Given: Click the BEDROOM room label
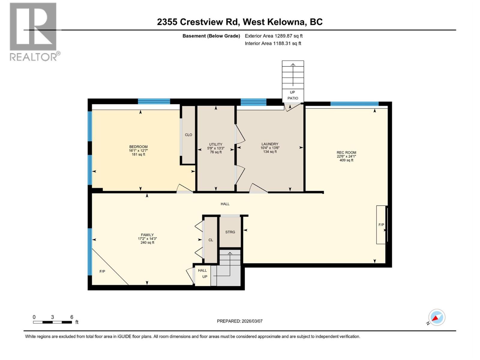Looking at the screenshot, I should click(138, 147).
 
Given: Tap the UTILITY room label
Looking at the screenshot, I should click(216, 144).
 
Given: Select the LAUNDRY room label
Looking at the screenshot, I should click(270, 144).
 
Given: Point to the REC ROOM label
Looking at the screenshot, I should click(346, 152).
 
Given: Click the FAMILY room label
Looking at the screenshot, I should click(147, 235).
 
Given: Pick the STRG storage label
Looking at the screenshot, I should click(230, 232).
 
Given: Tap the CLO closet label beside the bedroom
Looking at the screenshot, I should click(188, 135).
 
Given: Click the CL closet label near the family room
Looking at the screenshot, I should click(211, 240).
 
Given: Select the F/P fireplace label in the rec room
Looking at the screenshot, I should click(381, 225).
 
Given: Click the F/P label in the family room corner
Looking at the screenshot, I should click(102, 271).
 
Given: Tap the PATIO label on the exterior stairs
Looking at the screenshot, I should click(293, 98).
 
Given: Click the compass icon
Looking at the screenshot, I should click(436, 317).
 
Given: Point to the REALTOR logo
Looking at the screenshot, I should click(34, 31).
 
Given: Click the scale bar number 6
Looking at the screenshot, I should click(72, 317).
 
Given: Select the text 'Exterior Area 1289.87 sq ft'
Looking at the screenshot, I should click(274, 36).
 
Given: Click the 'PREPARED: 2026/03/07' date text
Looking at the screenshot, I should click(240, 321).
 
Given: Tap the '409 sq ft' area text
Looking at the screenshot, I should click(346, 160).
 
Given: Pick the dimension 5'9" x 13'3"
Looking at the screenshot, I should click(216, 148).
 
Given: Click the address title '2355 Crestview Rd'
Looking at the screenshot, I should click(198, 22).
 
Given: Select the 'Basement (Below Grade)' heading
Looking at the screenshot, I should click(211, 36).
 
